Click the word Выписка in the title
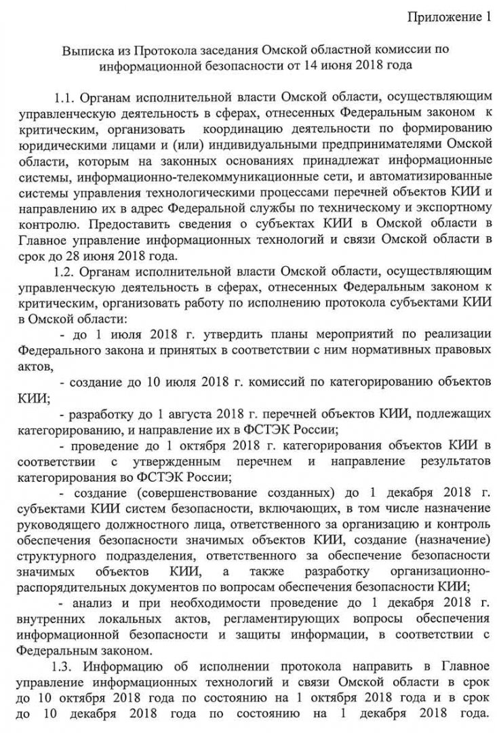tap(84, 51)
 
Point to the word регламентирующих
tap(295, 620)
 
